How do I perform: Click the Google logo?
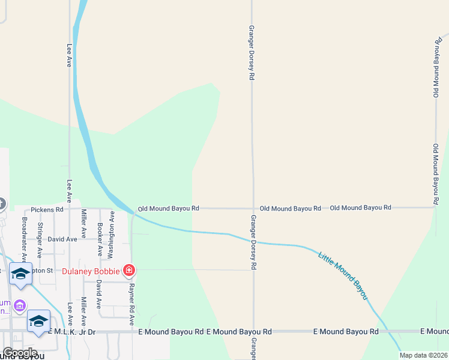(20, 353)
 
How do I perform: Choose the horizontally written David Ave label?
(62, 239)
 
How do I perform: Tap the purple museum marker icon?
(20, 307)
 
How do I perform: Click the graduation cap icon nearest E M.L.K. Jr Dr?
(39, 321)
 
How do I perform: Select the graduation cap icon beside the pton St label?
(20, 274)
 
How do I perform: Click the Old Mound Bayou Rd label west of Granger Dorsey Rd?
(168, 209)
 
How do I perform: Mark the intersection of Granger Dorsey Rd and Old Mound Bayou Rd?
(253, 208)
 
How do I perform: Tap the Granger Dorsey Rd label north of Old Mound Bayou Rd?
(252, 53)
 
